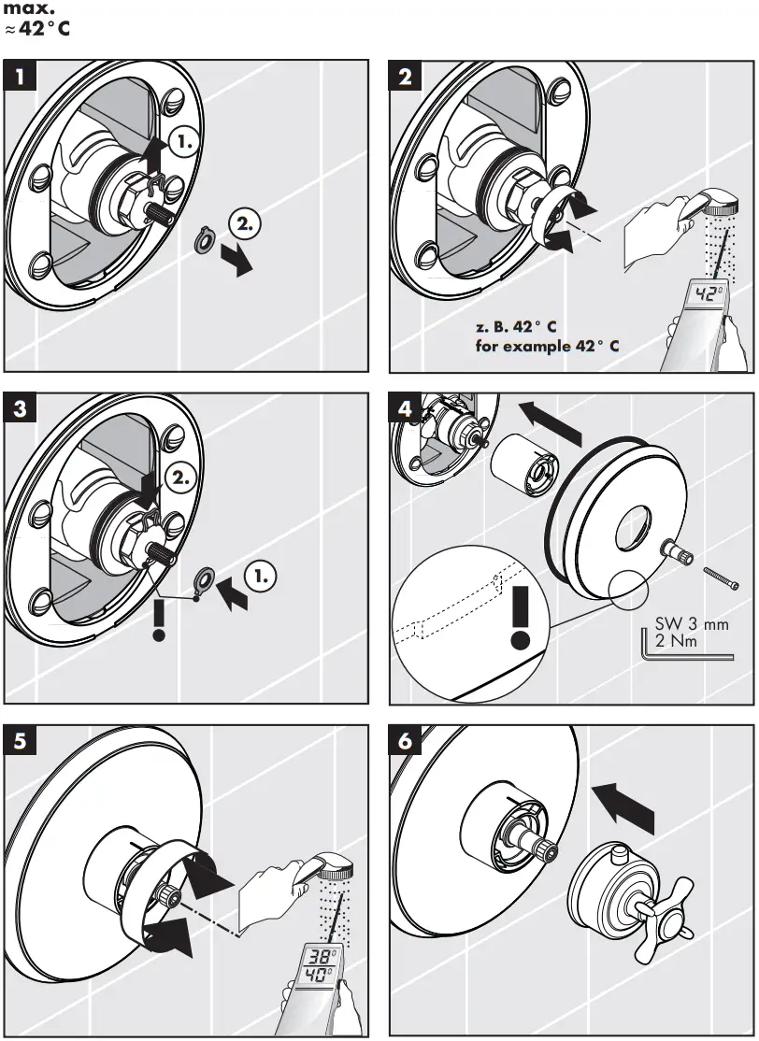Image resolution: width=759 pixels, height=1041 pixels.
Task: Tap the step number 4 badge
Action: point(405,408)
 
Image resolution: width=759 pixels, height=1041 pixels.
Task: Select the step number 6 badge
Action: point(405,741)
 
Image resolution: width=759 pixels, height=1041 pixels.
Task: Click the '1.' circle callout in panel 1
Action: point(184,143)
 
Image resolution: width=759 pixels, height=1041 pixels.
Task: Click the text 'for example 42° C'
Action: point(547,346)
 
